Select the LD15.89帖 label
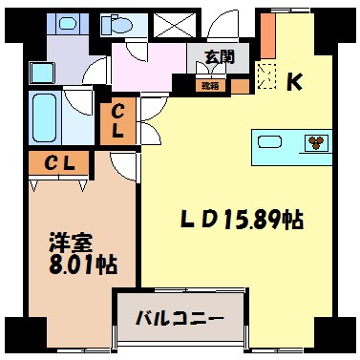(x=243, y=222)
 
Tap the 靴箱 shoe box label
(x=208, y=84)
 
